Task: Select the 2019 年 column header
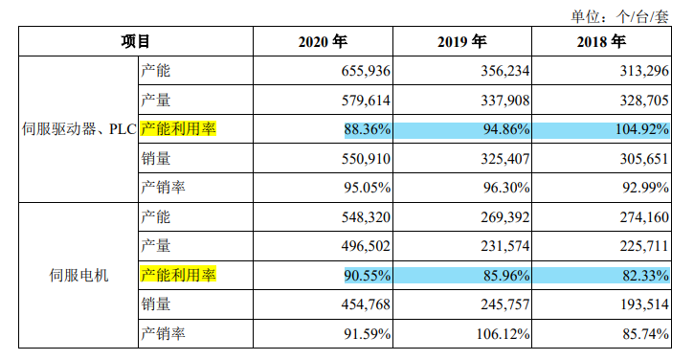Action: (x=463, y=42)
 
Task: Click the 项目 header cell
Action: (x=136, y=42)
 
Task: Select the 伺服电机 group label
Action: (x=78, y=276)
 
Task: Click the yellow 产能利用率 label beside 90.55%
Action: (x=178, y=276)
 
